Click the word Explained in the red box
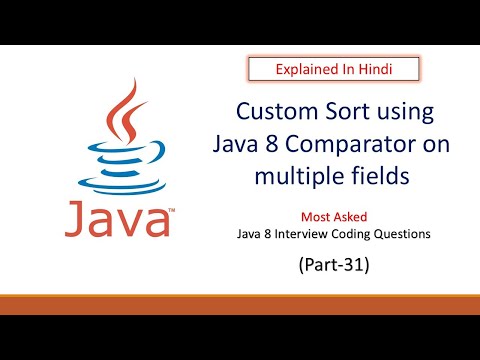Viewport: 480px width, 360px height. point(304,69)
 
